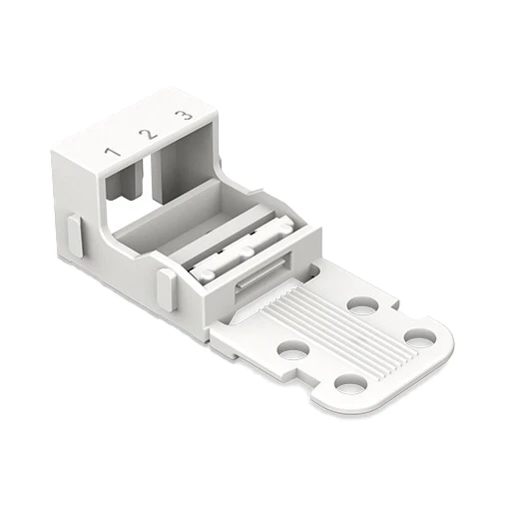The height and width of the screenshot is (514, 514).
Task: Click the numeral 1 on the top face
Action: click(112, 152)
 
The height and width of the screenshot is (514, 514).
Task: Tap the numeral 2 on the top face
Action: click(149, 134)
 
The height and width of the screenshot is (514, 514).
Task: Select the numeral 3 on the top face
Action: click(184, 116)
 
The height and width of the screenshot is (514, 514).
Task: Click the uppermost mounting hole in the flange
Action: click(362, 305)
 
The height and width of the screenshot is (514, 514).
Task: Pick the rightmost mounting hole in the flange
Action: click(420, 337)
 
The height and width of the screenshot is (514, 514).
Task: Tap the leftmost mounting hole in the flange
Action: click(293, 351)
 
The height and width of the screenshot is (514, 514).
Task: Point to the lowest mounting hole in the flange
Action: click(350, 385)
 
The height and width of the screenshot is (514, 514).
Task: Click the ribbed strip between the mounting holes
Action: click(336, 329)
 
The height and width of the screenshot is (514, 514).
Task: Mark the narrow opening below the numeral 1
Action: click(124, 182)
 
